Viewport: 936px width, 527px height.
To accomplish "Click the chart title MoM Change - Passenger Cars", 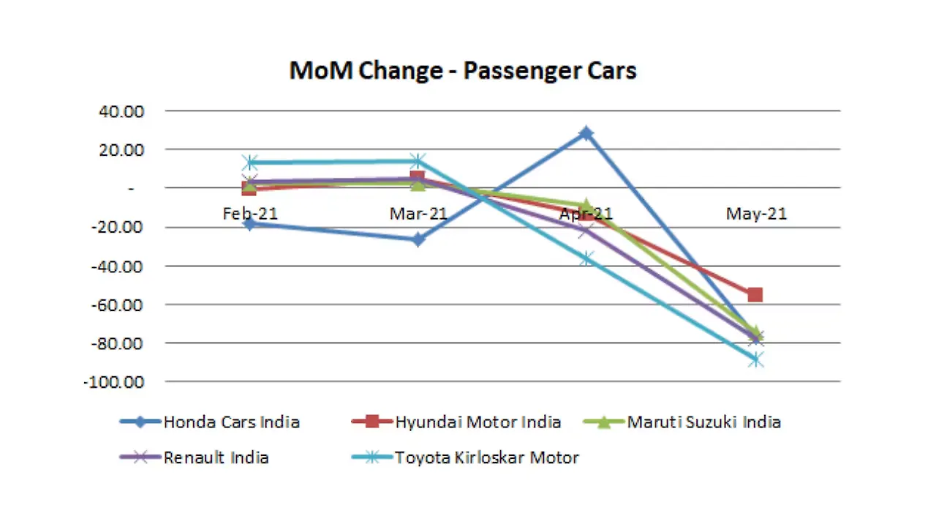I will [x=463, y=71].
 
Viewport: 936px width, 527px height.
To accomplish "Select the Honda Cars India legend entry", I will [x=231, y=422].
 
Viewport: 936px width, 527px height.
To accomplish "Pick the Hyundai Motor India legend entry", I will [x=478, y=422].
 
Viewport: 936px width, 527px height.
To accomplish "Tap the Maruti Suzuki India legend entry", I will [x=703, y=422].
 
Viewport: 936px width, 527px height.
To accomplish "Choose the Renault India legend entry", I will [x=216, y=458].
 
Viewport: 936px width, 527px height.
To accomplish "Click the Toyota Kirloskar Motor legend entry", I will [x=487, y=458].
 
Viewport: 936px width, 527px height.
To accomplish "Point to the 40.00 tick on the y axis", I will [x=125, y=111].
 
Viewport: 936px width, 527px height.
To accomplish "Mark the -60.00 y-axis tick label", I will [x=122, y=304].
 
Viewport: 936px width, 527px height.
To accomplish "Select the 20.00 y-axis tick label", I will [x=125, y=150].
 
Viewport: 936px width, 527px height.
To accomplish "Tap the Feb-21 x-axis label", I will [x=250, y=214].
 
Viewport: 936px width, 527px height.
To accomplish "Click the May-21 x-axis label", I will [x=756, y=214].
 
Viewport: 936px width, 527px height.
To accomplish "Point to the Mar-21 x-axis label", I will [x=418, y=214].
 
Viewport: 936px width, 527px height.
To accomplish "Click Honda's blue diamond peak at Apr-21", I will [x=586, y=133].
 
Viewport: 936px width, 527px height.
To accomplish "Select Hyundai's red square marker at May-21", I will [x=755, y=295].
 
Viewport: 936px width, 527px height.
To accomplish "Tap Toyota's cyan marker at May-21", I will [x=755, y=359].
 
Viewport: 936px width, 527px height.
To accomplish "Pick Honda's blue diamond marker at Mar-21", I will [x=418, y=239].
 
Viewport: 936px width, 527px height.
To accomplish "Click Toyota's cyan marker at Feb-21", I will [x=250, y=162].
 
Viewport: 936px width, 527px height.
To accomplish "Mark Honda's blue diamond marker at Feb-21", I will [x=250, y=224].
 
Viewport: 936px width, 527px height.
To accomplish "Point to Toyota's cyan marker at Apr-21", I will [x=586, y=258].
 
